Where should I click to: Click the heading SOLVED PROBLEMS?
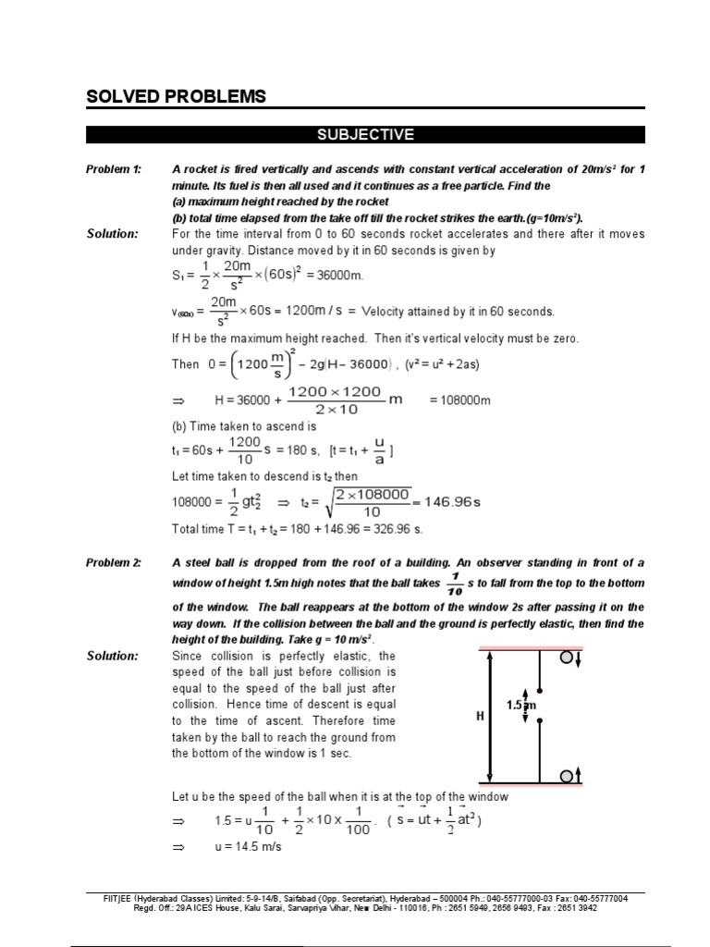click(x=176, y=96)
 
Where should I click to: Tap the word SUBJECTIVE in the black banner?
click(x=365, y=135)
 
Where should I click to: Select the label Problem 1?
click(x=114, y=169)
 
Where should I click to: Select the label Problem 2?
click(x=114, y=563)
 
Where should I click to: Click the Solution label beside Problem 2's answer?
click(x=112, y=656)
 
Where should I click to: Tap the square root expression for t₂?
click(x=367, y=503)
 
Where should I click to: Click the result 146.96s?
click(x=448, y=502)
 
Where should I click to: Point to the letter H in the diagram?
click(x=481, y=716)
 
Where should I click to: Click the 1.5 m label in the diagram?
click(x=521, y=705)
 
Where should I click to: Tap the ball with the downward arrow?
click(x=569, y=658)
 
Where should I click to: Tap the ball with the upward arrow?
click(x=569, y=774)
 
